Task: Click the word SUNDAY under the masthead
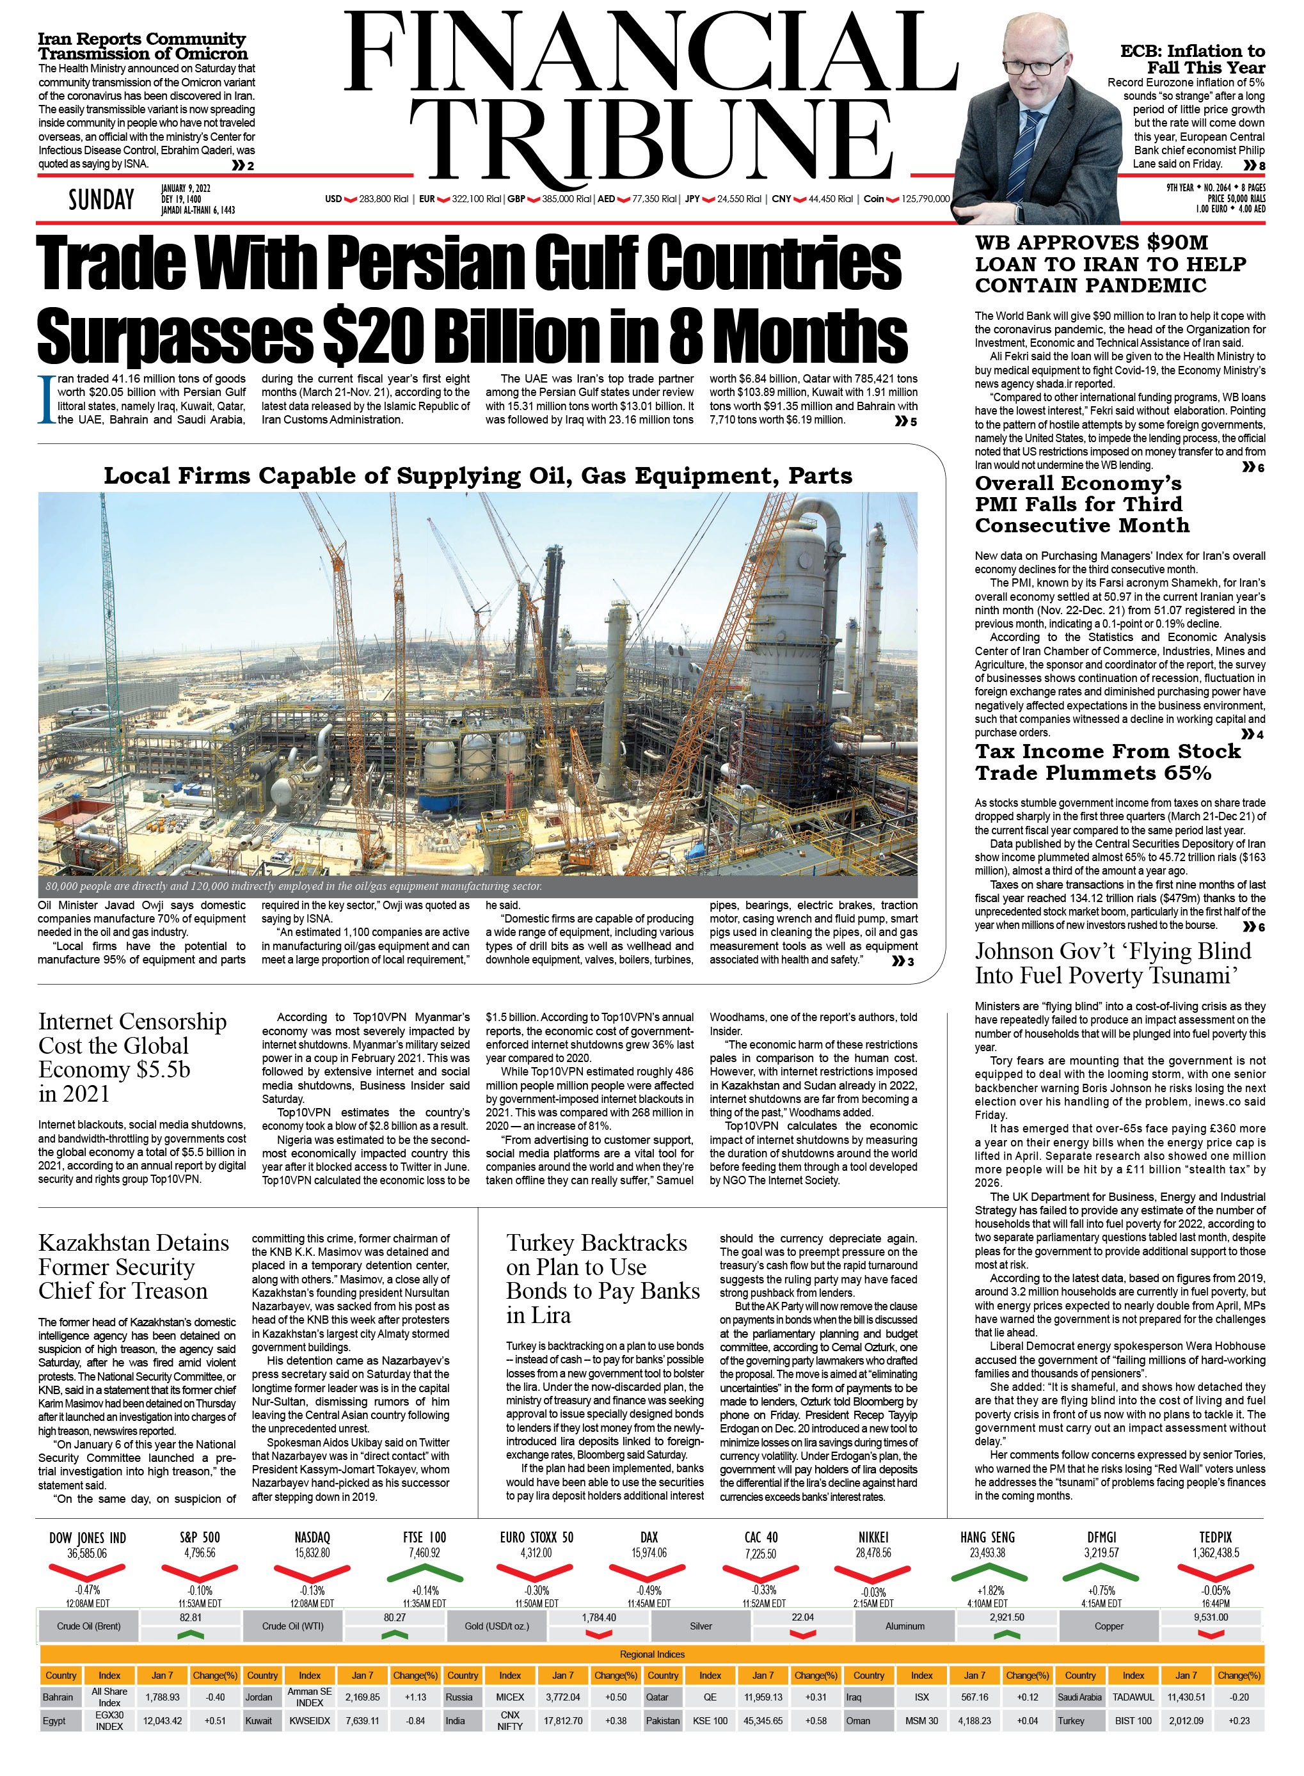coord(101,200)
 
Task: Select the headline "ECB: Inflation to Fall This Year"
coord(1192,59)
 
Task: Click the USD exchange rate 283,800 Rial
coord(384,199)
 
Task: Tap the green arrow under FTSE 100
coord(425,1573)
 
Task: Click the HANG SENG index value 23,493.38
coord(987,1553)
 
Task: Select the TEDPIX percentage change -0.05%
coord(1216,1590)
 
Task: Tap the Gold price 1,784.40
coord(599,1617)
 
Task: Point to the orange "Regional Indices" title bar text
coord(652,1654)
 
